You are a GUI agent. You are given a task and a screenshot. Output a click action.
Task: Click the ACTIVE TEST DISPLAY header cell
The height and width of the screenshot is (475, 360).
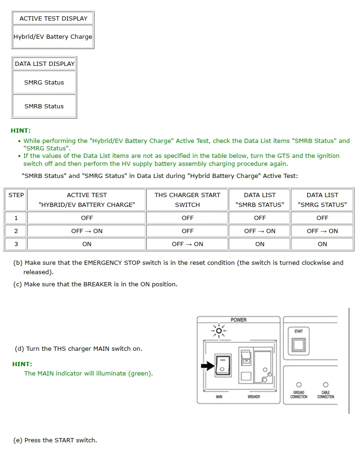53,19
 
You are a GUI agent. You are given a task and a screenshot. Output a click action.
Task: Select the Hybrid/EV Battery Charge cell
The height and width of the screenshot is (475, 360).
53,36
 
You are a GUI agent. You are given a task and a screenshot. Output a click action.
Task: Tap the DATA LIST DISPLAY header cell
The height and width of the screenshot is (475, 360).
44,64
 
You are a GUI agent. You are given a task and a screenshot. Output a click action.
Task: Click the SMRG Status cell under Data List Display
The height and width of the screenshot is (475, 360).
44,83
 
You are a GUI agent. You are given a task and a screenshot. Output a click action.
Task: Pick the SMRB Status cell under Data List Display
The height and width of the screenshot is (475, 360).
44,106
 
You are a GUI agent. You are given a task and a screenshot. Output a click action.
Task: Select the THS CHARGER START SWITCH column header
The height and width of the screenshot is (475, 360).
187,200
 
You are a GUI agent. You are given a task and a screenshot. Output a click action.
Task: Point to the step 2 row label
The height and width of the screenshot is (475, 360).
16,231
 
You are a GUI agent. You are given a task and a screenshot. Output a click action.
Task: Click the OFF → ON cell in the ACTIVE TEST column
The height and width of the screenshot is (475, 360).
86,231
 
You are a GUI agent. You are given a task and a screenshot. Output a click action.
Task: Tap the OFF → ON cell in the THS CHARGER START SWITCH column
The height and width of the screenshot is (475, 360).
187,244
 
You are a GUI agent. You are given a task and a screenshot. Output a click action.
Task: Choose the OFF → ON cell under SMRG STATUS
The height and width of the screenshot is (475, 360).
322,231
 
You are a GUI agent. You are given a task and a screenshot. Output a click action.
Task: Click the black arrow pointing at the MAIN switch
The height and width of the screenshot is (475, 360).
207,366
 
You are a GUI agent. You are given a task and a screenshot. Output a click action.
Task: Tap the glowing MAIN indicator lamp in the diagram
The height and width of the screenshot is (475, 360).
218,331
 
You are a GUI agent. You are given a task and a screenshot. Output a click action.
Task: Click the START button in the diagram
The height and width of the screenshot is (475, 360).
299,345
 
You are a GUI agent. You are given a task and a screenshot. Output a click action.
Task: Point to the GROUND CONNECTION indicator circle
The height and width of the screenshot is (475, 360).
299,385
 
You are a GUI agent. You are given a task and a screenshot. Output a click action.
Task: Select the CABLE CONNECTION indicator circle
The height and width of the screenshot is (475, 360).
326,385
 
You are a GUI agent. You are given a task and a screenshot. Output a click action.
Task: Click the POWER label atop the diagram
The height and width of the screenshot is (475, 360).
238,320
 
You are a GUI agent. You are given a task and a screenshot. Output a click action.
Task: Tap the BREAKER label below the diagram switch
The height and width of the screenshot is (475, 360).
253,397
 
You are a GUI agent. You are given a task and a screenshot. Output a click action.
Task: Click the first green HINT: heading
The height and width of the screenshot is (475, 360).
21,131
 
